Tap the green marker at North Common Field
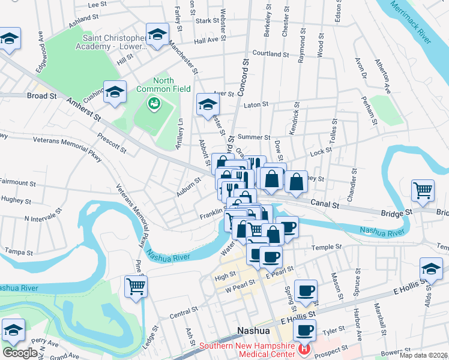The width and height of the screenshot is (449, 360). pos(154,104)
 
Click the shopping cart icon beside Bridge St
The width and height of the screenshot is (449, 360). pos(423,191)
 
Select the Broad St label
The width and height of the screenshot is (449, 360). pos(42,95)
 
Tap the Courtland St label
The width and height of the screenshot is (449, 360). pos(271,53)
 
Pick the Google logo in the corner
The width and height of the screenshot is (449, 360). pos(20,353)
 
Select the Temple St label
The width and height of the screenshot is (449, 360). pos(326,247)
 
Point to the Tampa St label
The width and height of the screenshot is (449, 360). pos(17,251)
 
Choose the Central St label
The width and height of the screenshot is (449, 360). pos(184,313)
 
